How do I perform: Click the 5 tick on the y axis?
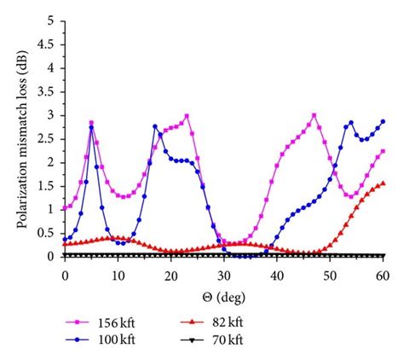(x=53, y=20)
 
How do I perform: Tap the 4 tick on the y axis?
(x=53, y=67)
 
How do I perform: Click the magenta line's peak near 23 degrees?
(x=187, y=115)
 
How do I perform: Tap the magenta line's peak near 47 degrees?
(x=315, y=115)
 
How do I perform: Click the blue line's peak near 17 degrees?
(x=155, y=126)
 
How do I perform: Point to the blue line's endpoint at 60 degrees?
(x=384, y=121)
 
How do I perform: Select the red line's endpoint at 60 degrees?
(x=384, y=183)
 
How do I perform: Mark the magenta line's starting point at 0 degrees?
(x=65, y=207)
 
